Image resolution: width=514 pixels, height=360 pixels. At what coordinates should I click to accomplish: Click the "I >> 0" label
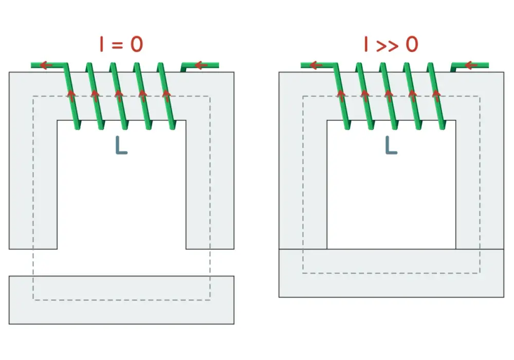(x=391, y=44)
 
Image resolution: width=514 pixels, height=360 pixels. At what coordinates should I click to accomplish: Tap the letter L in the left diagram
(x=121, y=146)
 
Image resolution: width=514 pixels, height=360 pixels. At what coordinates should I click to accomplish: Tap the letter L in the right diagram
(x=391, y=146)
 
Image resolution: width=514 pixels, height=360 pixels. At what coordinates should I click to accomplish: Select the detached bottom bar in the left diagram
(x=122, y=300)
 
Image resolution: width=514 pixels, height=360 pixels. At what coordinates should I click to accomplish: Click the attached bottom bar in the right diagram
(x=391, y=273)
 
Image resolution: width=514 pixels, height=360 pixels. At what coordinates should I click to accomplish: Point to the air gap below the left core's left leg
(x=33, y=262)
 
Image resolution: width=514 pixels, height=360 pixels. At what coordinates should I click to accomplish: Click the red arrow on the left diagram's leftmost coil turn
(x=71, y=96)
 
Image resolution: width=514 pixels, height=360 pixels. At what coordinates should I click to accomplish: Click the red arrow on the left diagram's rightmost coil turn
(x=167, y=96)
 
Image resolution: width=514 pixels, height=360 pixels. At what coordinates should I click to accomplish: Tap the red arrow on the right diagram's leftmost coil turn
(x=341, y=96)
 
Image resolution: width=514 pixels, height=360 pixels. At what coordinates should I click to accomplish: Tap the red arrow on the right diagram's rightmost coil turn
(x=436, y=96)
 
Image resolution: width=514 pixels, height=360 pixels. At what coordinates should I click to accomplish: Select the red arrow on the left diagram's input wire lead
(x=201, y=66)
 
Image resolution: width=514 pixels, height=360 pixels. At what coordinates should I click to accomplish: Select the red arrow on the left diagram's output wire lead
(x=46, y=65)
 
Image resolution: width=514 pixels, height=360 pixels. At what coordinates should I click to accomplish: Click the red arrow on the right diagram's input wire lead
(x=471, y=66)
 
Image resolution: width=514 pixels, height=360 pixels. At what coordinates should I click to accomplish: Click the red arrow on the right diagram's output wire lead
(x=316, y=65)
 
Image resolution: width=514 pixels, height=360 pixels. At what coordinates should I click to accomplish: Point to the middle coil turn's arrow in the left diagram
(x=119, y=96)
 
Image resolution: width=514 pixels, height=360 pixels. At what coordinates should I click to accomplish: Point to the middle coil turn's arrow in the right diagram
(x=389, y=96)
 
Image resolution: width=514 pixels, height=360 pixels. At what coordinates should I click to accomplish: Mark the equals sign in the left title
(x=117, y=45)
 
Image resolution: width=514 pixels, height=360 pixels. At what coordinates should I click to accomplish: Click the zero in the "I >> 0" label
(x=412, y=44)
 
